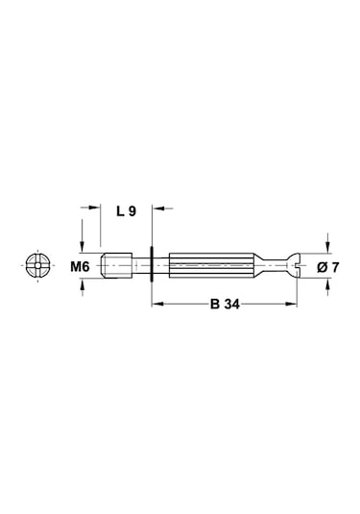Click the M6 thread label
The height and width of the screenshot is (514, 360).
coord(80,267)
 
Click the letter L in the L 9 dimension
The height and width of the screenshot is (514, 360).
coord(121,211)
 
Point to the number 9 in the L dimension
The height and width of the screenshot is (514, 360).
coord(132,211)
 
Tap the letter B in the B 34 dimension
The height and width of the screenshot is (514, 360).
coord(215,305)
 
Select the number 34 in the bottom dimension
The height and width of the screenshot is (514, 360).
coord(232,305)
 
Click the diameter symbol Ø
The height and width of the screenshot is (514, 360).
coord(323,267)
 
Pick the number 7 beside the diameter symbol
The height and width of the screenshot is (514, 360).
coord(335,267)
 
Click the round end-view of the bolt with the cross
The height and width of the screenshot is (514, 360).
coord(37,265)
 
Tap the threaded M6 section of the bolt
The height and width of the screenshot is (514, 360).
coord(116,265)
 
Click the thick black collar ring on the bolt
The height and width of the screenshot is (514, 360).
coord(152,264)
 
